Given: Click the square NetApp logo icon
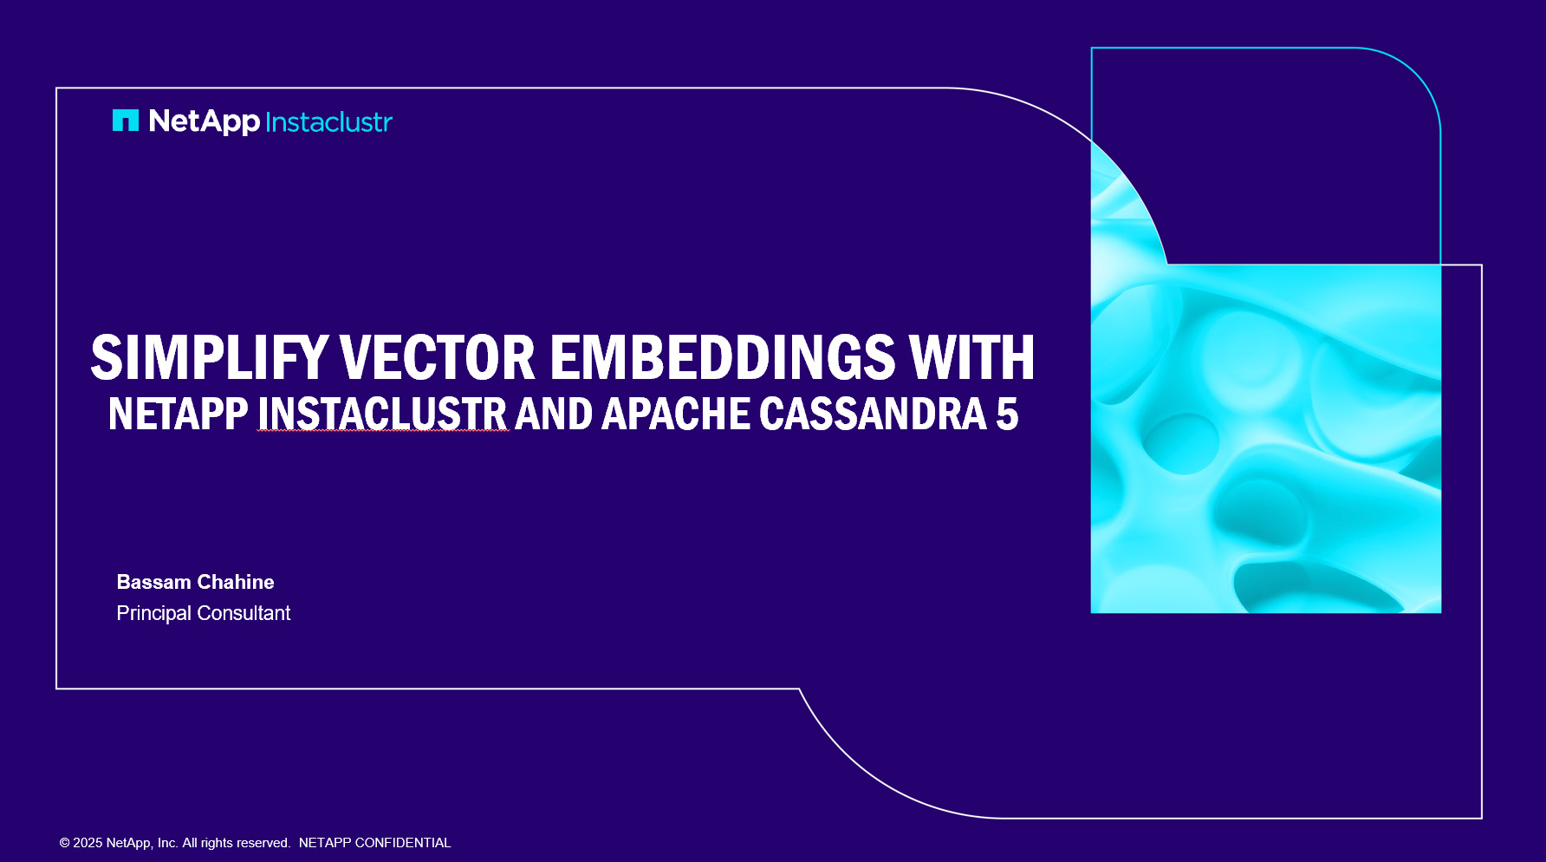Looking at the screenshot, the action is coord(126,121).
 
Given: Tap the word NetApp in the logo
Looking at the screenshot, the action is coord(205,121).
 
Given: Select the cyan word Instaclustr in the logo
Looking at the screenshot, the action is coord(329,122).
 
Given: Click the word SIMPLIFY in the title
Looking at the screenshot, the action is coord(209,357).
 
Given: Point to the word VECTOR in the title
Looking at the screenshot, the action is coord(438,357).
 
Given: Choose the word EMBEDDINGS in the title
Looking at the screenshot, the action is coord(723,357).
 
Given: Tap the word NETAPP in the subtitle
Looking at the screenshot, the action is coord(179,414).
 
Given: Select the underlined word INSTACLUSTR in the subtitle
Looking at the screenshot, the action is coord(382,414).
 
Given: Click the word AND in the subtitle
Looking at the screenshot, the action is coord(554,414).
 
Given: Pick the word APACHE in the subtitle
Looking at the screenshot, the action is coord(676,414).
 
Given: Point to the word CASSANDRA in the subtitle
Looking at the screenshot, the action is coord(874,414).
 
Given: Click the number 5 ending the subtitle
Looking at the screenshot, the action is coord(1007,414).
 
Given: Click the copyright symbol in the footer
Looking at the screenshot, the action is coord(64,843).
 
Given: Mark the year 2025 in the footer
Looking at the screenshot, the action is coord(88,843).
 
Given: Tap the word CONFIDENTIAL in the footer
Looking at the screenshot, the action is coord(403,843).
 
